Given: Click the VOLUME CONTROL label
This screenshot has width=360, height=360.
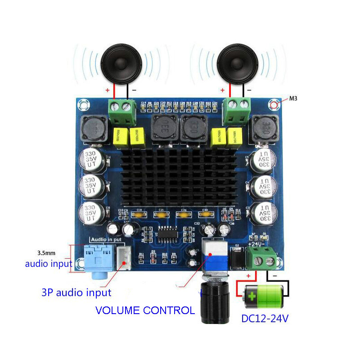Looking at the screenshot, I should pyautogui.click(x=145, y=310).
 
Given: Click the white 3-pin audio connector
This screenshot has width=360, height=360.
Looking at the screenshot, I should pyautogui.click(x=123, y=258).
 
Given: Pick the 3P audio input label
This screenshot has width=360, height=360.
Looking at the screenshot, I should pyautogui.click(x=76, y=292).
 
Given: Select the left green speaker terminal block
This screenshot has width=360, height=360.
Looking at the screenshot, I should pyautogui.click(x=123, y=112).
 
